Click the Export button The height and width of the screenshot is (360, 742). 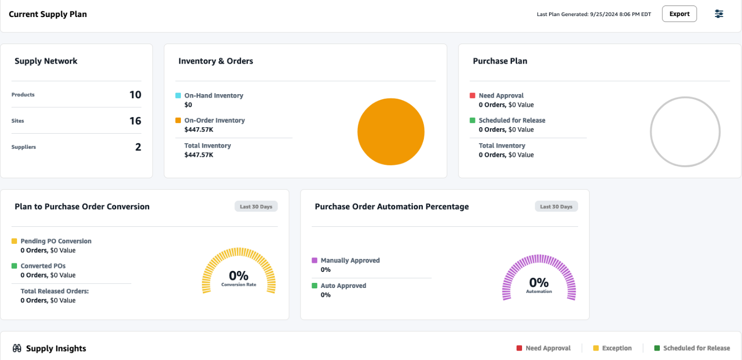point(679,14)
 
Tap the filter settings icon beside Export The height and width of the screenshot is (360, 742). point(718,14)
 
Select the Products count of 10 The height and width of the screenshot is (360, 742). point(135,95)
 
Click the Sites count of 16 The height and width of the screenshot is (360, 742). point(135,121)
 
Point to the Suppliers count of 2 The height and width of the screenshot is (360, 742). point(138,147)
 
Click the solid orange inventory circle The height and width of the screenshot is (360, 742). point(391,132)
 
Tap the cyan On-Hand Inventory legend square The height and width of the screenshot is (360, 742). point(178,95)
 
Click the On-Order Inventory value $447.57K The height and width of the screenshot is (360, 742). point(199,130)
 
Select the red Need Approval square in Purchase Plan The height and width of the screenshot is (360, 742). point(472,95)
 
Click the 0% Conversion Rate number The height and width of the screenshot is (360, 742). point(238,275)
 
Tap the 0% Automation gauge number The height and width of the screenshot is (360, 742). point(539,282)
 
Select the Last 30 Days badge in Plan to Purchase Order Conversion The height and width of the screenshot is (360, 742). point(256,206)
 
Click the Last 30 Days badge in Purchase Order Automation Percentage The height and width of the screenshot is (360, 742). point(556,206)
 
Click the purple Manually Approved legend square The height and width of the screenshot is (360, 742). point(314,260)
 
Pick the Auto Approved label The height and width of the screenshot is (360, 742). point(343,285)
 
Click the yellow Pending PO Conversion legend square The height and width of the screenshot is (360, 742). point(14,241)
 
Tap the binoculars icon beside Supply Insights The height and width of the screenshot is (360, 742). point(17,348)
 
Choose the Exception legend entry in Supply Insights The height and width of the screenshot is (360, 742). point(616,348)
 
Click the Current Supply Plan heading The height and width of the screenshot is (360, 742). point(48,14)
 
